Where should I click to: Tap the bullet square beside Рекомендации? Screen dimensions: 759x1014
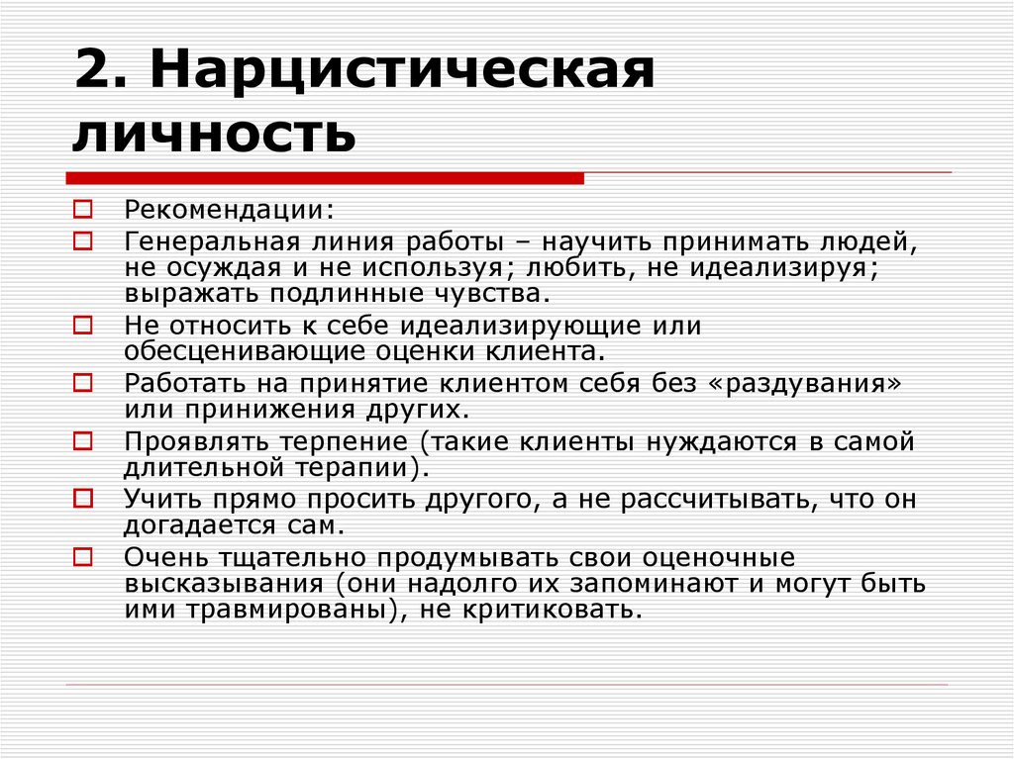tap(82, 210)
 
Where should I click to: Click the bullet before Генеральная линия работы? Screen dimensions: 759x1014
tap(82, 240)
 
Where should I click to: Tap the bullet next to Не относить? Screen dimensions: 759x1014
tap(82, 325)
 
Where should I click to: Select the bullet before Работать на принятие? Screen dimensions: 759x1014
tap(82, 382)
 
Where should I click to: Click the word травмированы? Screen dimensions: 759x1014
tap(290, 609)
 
